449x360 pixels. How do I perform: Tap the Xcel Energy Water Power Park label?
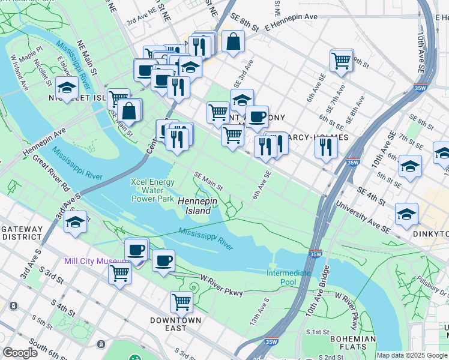coord(153,190)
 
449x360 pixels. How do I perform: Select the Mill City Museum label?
coord(96,262)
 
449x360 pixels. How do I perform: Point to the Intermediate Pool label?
coord(289,277)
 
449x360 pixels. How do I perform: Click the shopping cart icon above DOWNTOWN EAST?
coord(181,302)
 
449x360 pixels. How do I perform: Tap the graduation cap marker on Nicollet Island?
coord(67,88)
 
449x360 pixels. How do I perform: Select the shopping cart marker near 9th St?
coord(341,60)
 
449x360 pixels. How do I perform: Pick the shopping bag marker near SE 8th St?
coord(233,41)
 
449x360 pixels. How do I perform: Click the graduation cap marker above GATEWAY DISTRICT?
coord(75,222)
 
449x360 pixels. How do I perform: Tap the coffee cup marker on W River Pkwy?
coord(164,261)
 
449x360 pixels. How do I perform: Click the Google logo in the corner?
coord(20,353)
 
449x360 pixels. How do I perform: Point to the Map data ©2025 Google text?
coord(412,355)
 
